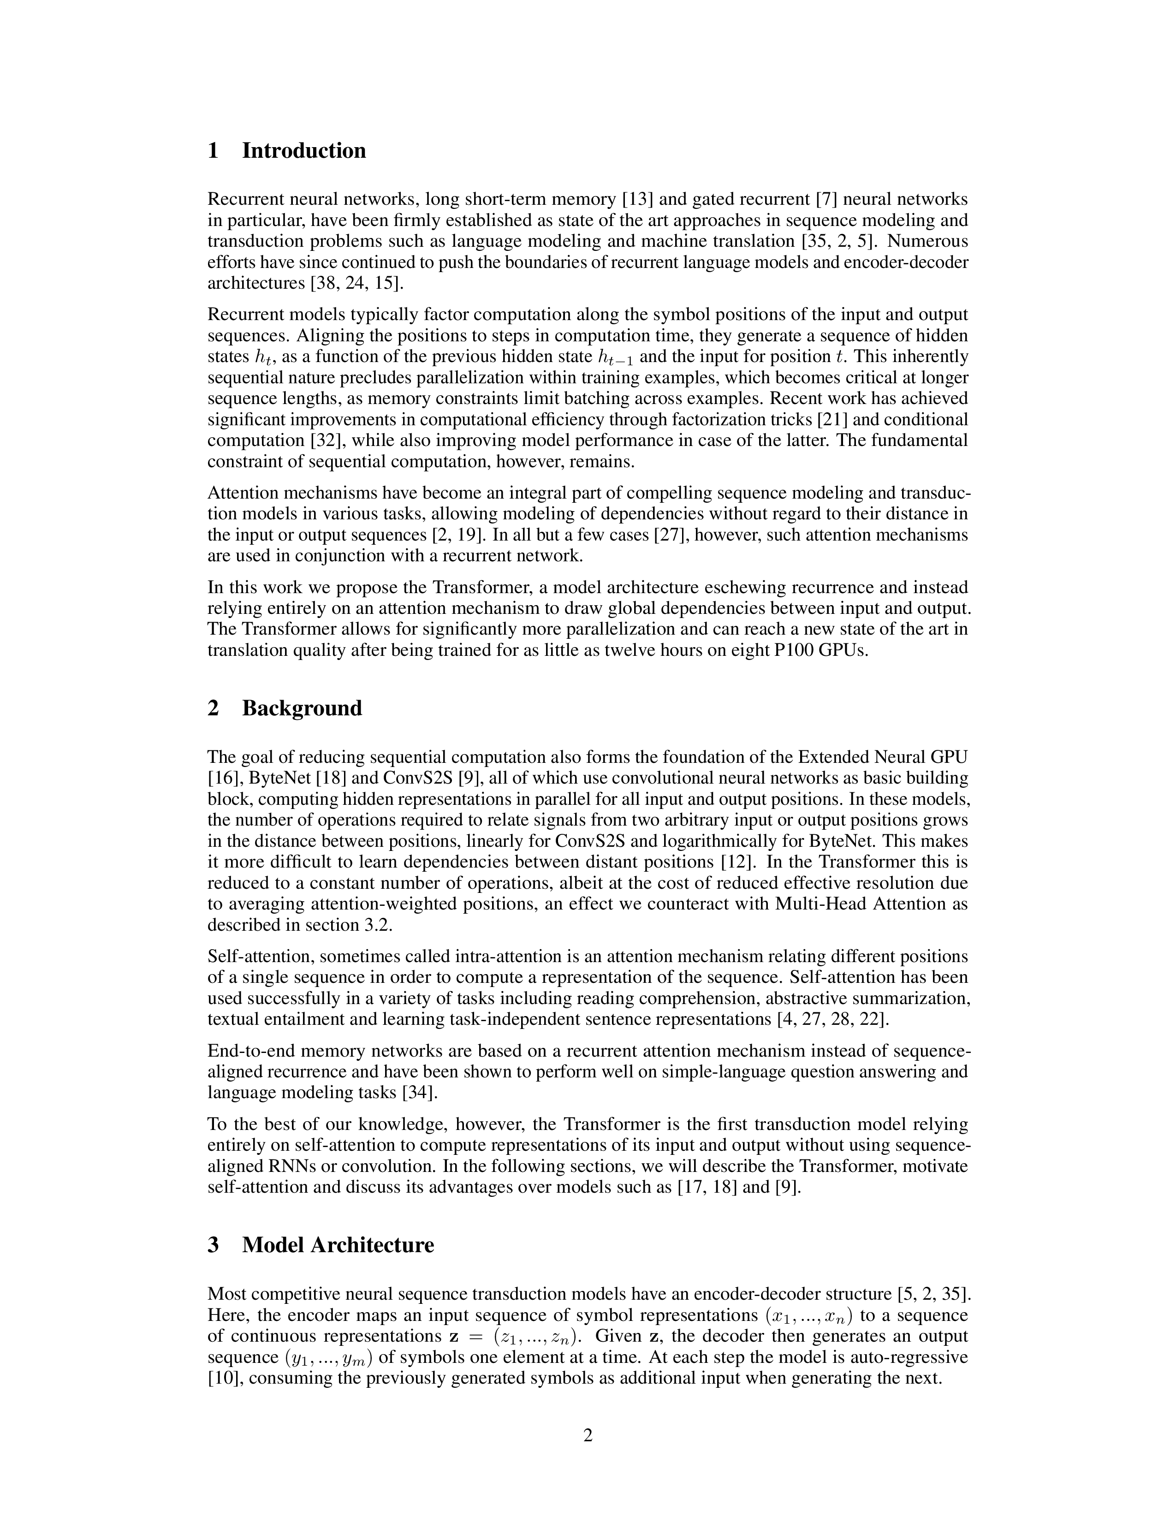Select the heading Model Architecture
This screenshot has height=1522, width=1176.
pos(338,1245)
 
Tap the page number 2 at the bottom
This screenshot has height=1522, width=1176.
pos(587,1436)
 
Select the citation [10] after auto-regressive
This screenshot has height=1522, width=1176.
pos(224,1379)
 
